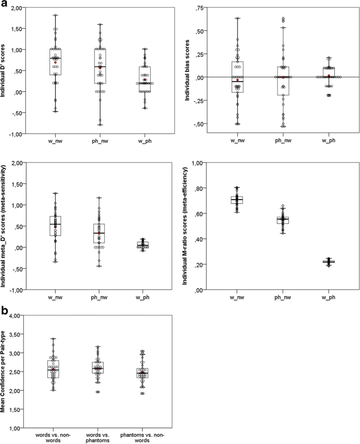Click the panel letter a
(x=5, y=5)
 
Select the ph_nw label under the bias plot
(x=283, y=141)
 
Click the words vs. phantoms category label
(x=99, y=436)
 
